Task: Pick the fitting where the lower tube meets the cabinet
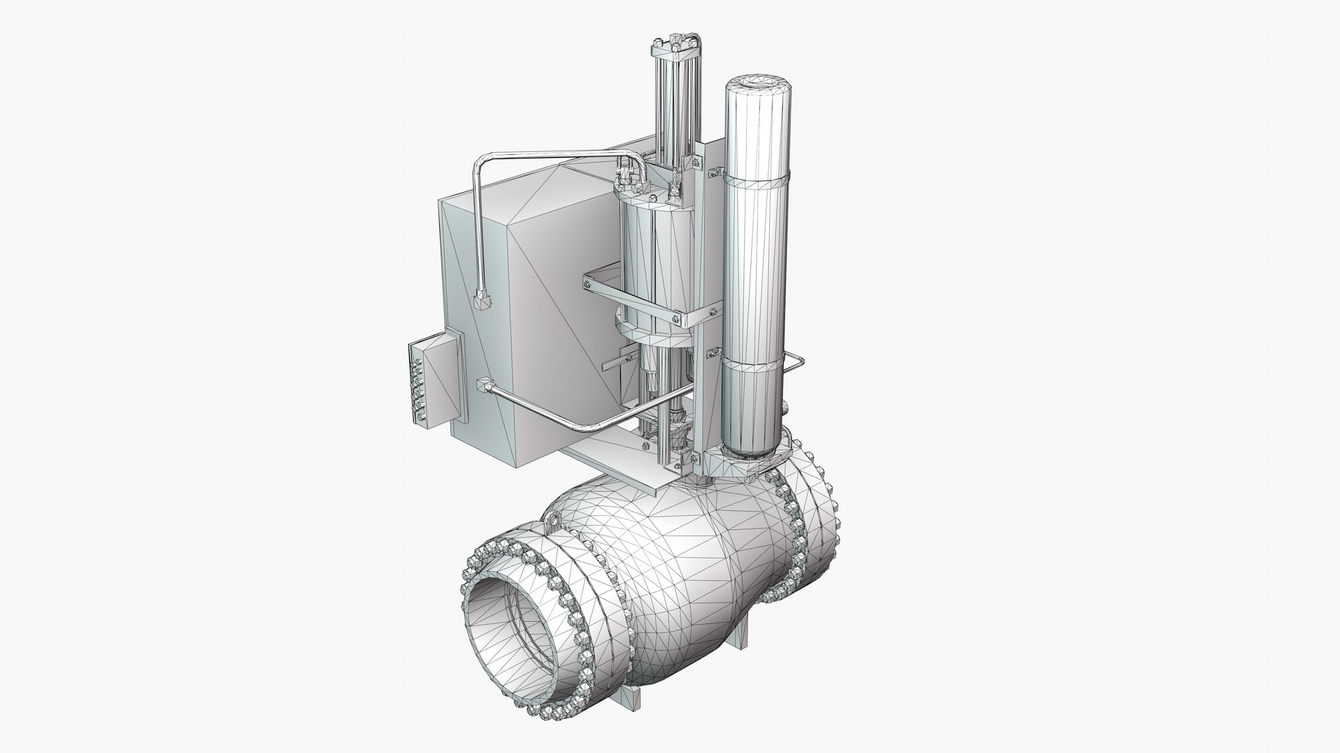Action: click(x=482, y=385)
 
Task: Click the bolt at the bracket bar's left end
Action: click(x=589, y=282)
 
